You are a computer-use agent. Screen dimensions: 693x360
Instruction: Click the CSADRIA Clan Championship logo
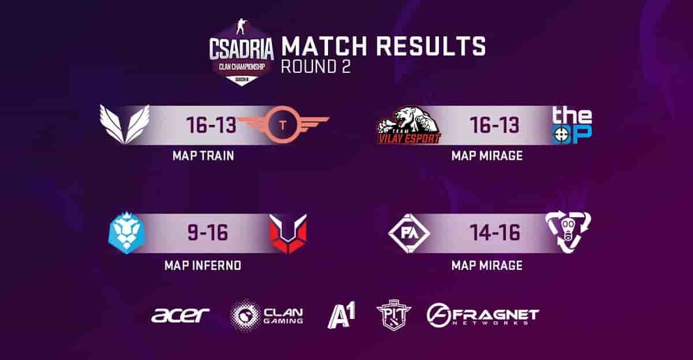[x=241, y=53]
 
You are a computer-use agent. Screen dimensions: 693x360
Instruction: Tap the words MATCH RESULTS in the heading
[x=383, y=46]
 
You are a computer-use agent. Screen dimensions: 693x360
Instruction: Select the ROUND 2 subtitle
[x=316, y=66]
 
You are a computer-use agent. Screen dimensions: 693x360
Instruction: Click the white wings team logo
[x=124, y=124]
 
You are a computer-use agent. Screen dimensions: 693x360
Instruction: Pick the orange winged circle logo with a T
[x=282, y=124]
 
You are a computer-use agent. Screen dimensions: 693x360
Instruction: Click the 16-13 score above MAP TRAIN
[x=211, y=125]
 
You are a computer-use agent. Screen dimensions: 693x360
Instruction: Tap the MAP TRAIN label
[x=203, y=155]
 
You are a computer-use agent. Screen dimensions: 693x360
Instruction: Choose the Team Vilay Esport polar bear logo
[x=409, y=125]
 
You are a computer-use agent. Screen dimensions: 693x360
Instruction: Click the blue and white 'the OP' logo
[x=572, y=125]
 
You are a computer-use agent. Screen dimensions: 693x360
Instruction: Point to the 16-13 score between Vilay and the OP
[x=495, y=125]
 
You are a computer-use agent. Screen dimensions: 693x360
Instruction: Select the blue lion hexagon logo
[x=126, y=233]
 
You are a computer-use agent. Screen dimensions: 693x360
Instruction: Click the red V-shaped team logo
[x=288, y=233]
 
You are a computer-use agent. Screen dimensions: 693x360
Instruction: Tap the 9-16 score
[x=207, y=233]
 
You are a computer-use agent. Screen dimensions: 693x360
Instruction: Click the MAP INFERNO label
[x=203, y=266]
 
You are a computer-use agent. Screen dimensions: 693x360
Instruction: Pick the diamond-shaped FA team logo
[x=409, y=233]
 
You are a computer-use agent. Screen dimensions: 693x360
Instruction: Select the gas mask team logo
[x=568, y=232]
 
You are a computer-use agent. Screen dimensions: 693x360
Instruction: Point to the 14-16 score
[x=495, y=233]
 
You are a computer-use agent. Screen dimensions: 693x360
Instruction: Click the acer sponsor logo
[x=180, y=315]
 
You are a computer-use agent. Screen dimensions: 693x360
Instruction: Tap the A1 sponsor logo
[x=341, y=315]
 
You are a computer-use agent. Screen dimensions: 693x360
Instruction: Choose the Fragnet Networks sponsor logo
[x=483, y=316]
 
